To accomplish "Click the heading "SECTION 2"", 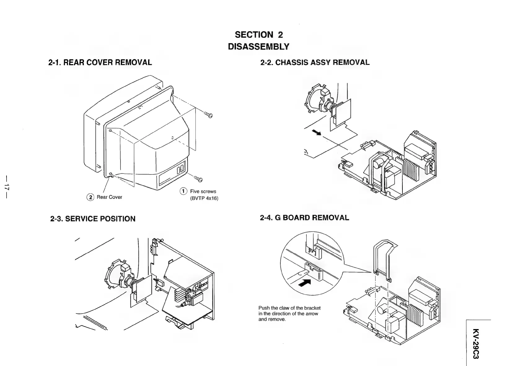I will click(x=259, y=35).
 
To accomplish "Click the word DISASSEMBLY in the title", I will click(x=258, y=47).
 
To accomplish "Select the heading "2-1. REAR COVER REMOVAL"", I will click(x=100, y=62).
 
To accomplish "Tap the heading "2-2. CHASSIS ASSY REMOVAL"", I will click(x=315, y=62).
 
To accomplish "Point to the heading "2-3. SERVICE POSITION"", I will click(x=93, y=219).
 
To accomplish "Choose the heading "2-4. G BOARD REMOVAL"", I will click(x=304, y=218).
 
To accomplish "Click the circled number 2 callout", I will click(x=90, y=197).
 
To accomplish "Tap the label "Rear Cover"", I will click(x=109, y=197).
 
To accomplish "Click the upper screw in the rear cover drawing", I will click(x=208, y=115).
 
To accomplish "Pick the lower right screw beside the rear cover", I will click(x=198, y=179).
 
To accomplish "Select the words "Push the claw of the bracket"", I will click(x=289, y=308).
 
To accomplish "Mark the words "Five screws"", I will click(x=203, y=191).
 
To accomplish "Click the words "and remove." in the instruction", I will click(x=272, y=319).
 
